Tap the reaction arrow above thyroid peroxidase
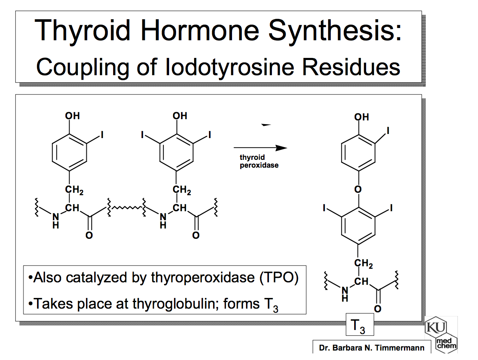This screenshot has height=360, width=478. [260, 148]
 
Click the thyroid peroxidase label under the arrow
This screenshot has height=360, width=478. [259, 162]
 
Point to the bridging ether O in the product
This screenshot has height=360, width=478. [358, 189]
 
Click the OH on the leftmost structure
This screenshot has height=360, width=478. [72, 116]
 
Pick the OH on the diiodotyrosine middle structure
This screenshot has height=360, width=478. [180, 116]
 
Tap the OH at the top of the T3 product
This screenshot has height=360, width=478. [362, 117]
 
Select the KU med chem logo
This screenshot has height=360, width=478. [441, 335]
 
